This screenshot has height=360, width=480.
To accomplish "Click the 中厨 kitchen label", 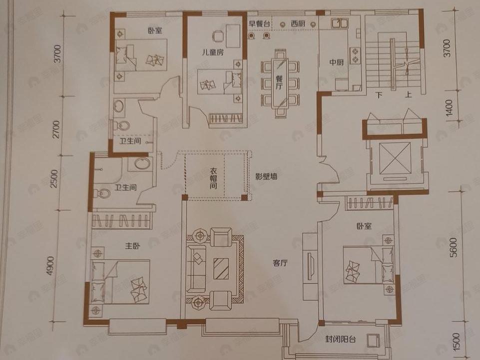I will tap(336, 62).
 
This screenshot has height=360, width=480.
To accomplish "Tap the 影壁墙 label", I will tap(267, 176).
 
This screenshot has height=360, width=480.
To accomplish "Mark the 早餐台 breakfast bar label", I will tap(260, 23).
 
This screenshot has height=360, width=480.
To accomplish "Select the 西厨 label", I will tap(298, 23).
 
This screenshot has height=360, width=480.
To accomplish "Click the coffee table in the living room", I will tap(221, 268).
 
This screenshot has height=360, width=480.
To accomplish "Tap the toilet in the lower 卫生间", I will tap(103, 193).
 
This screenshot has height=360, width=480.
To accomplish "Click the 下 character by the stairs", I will tap(380, 95).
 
